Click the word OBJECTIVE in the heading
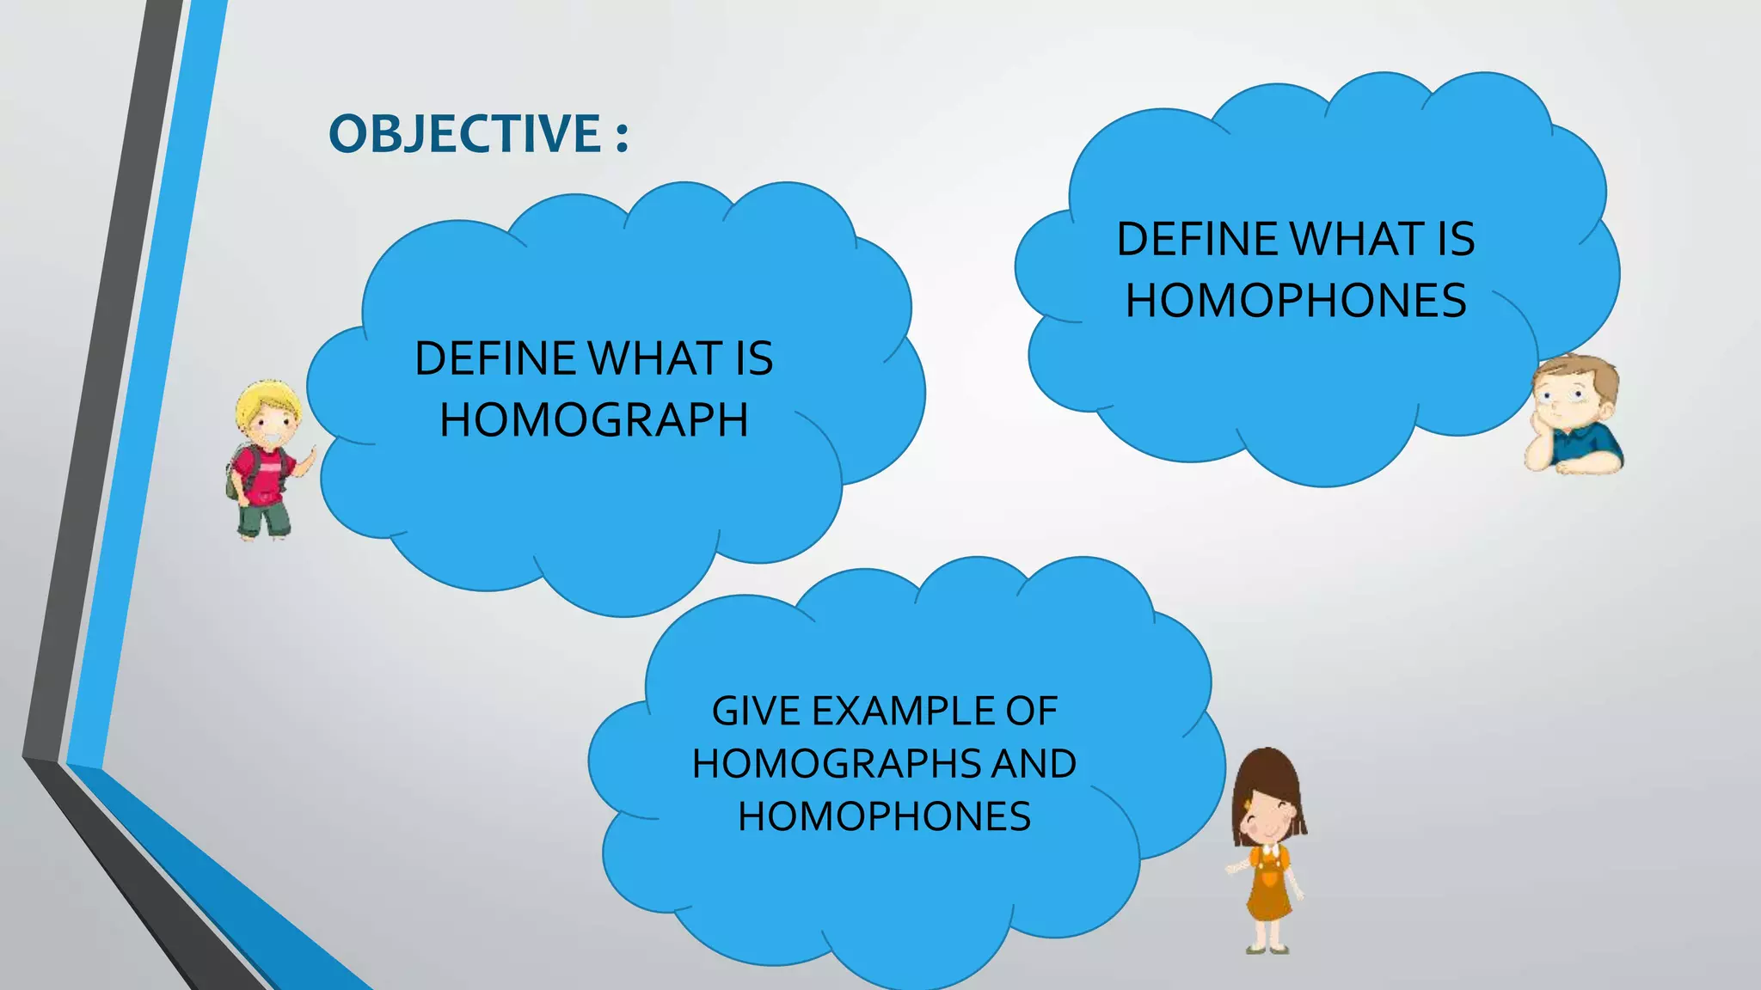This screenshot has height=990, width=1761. tap(465, 134)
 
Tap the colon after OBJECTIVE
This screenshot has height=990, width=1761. tap(622, 136)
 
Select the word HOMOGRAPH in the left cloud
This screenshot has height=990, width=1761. tap(593, 420)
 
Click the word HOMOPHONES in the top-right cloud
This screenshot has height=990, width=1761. tap(1296, 301)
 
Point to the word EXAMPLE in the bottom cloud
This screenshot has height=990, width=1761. tap(889, 712)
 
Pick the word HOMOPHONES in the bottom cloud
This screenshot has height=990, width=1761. tap(884, 816)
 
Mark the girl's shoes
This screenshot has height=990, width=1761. tap(1269, 949)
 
